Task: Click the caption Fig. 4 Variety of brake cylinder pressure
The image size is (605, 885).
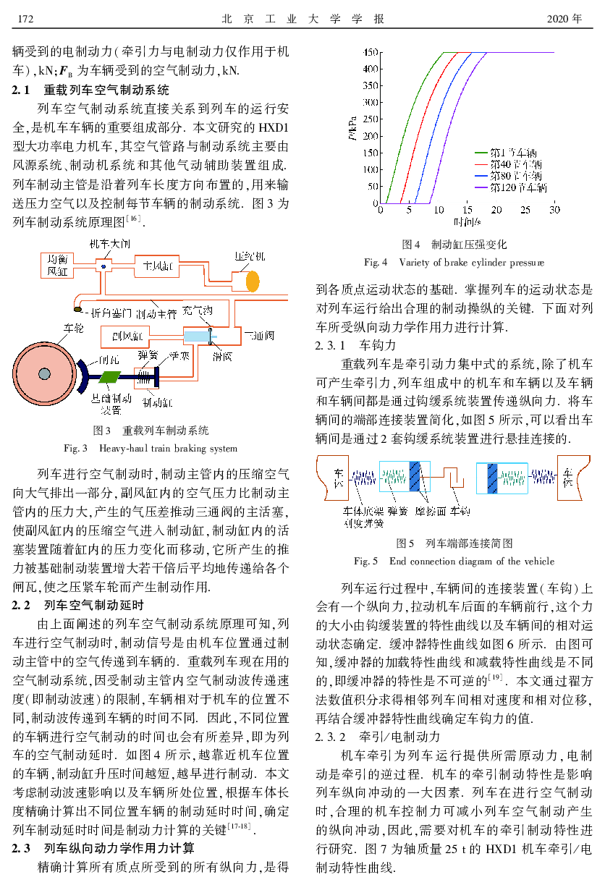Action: [454, 262]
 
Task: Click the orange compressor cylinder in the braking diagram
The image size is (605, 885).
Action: [252, 279]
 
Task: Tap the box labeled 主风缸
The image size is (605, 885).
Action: [156, 267]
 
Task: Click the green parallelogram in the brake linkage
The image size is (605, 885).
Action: [111, 376]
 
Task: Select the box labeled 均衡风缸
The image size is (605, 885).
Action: [56, 266]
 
